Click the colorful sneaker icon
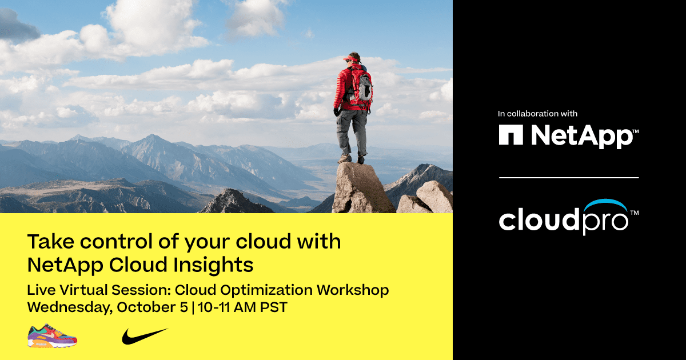pos(52,335)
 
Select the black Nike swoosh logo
pos(144,335)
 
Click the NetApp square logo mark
pos(511,135)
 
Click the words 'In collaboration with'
pos(537,114)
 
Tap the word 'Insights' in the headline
pos(220,265)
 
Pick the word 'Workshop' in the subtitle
pos(353,290)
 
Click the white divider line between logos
pos(568,178)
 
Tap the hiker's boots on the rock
pos(352,159)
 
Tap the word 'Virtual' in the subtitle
pos(79,290)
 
